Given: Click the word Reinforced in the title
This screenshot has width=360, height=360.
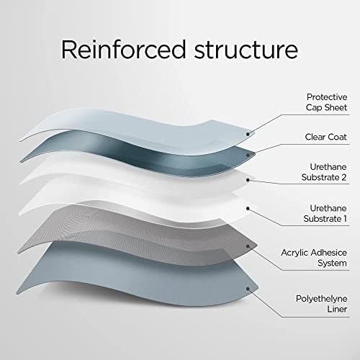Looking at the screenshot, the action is [124, 49].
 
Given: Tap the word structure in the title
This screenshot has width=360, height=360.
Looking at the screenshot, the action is [246, 50].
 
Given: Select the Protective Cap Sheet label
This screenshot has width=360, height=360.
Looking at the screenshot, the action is [327, 102].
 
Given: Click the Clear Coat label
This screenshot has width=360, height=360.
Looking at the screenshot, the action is [325, 137].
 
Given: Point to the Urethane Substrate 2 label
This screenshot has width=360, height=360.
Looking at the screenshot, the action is [324, 172].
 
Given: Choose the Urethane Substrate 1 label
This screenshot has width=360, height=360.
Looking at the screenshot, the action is [325, 213].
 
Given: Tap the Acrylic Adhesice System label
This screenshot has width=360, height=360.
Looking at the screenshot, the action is [314, 258].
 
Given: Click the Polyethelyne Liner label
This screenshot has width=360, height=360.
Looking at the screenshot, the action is [322, 304].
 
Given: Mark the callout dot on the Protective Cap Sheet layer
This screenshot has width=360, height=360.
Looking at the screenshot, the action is [248, 134].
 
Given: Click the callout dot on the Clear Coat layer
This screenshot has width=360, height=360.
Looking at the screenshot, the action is [248, 155].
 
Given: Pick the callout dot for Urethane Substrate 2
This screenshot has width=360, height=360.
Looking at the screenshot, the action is [248, 180].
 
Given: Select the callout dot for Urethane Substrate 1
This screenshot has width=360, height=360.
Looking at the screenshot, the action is [248, 209].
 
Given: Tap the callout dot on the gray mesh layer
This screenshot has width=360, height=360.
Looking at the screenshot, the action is [248, 246].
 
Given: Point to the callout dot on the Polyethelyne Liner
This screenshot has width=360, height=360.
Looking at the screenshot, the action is [248, 289].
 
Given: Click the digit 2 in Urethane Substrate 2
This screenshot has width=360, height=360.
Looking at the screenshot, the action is [344, 177].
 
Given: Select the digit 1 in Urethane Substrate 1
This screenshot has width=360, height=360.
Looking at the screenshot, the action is [345, 219].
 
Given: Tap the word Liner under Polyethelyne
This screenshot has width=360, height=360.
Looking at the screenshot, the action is [337, 309].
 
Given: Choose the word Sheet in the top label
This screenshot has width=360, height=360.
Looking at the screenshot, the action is [336, 107].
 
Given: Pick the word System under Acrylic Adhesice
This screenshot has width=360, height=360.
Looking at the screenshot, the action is [332, 264].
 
